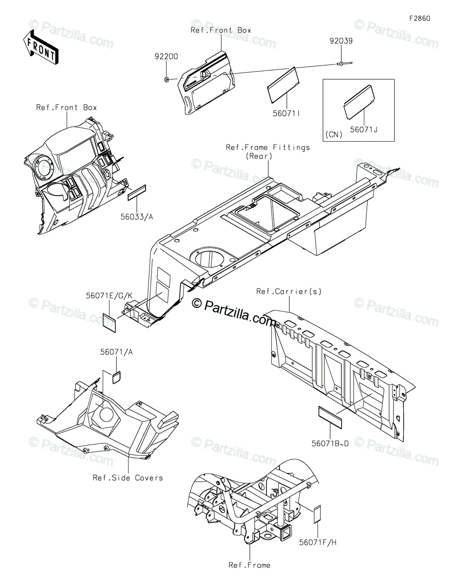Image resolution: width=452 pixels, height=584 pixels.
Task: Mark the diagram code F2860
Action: pos(420,19)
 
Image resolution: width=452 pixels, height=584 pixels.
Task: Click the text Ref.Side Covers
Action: pos(128,478)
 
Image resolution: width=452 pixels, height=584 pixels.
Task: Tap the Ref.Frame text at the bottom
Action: pos(249,565)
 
